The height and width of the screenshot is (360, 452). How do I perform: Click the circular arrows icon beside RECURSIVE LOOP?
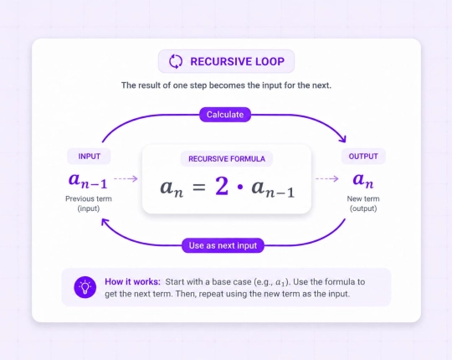click(176, 61)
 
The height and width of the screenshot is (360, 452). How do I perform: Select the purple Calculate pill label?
click(225, 115)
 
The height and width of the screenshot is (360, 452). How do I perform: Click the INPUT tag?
click(89, 157)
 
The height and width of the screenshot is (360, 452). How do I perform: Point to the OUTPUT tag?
click(363, 157)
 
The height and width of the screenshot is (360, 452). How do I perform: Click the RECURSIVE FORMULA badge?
click(227, 159)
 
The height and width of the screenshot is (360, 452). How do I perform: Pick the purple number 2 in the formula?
click(222, 186)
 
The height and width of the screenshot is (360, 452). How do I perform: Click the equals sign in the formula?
click(199, 187)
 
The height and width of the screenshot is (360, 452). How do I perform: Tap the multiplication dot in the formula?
click(240, 188)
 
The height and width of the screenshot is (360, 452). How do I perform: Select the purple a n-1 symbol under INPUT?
click(88, 181)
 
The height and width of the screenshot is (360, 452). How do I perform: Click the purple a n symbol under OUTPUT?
click(363, 180)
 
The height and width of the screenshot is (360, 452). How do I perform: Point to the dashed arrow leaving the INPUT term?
click(126, 178)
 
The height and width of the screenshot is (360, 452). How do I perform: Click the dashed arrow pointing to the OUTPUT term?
click(327, 178)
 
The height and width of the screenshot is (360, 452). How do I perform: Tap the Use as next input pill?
click(223, 245)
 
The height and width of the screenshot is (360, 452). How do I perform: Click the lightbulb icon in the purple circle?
click(85, 287)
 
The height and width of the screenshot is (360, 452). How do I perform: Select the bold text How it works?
click(132, 281)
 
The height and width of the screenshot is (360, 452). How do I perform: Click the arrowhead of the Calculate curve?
click(343, 139)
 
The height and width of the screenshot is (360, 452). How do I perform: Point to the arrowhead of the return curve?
click(105, 222)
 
